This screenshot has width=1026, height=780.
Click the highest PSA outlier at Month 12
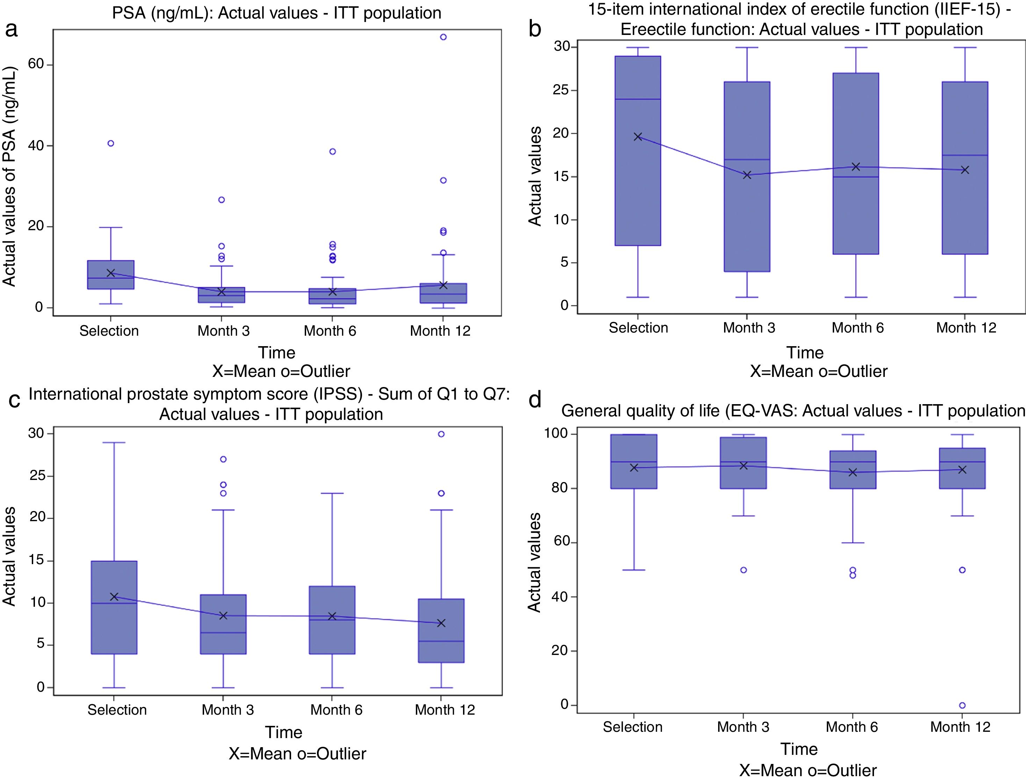point(443,37)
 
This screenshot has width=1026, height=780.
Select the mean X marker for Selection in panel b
point(638,137)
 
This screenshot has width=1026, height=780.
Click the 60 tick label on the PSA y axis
point(36,64)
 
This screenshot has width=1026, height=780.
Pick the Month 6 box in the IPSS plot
point(332,620)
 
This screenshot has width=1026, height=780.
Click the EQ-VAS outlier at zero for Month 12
point(962,705)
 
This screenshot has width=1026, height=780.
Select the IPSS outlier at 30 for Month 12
point(441,434)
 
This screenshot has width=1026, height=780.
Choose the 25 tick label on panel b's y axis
point(562,90)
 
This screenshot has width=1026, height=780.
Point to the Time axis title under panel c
point(283,732)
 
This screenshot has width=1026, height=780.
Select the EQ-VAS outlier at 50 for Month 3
point(743,570)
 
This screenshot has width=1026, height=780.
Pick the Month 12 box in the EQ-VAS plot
point(962,468)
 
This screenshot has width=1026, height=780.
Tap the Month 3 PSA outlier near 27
point(222,200)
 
